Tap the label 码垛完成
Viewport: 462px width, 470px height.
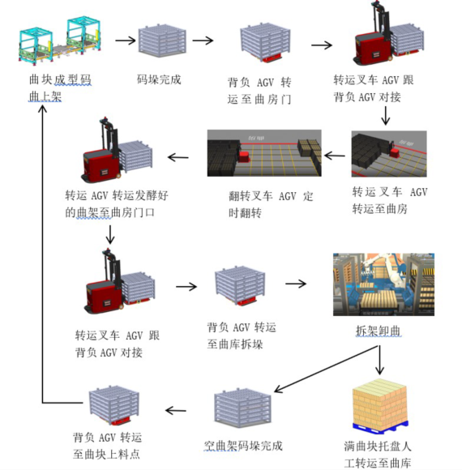click(x=160, y=80)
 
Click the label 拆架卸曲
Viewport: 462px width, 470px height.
click(x=378, y=331)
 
